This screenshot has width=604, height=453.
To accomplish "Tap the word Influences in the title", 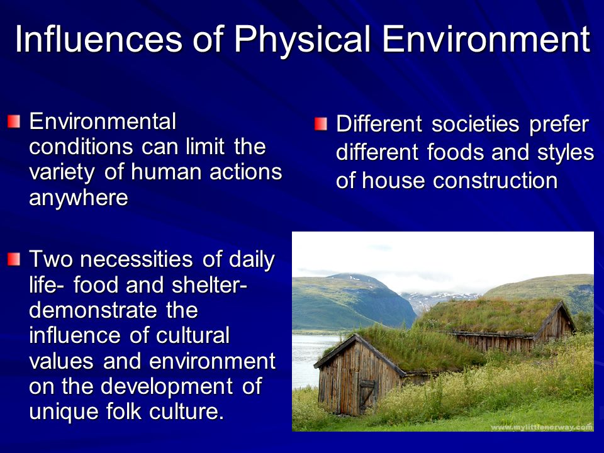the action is click(x=99, y=39).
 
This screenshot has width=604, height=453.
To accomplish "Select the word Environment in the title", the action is click(x=486, y=39).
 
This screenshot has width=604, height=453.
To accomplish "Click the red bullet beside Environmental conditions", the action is click(x=13, y=122).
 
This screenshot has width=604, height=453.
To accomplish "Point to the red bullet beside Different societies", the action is click(x=320, y=125).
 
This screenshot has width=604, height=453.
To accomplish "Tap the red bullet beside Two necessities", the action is click(x=13, y=259).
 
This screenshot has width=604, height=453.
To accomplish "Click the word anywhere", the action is click(x=79, y=199).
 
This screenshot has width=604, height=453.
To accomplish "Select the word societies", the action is click(x=476, y=125).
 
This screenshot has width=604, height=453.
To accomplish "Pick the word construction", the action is click(x=495, y=181).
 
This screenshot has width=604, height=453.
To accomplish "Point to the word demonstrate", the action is click(x=93, y=310).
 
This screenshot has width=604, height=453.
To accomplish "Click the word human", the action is click(x=166, y=172).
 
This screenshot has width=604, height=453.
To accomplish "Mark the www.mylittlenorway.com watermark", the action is click(x=542, y=427).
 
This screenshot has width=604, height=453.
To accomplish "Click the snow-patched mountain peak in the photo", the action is click(x=349, y=277).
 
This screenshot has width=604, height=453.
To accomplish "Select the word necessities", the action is click(x=136, y=259).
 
